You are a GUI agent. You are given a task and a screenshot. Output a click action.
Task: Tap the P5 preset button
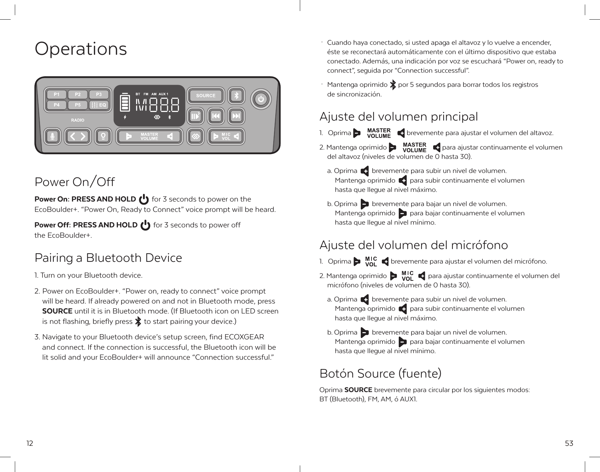point(78,105)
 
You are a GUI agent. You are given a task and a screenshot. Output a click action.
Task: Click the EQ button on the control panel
point(99,105)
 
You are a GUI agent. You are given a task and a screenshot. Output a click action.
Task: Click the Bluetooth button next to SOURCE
point(236,96)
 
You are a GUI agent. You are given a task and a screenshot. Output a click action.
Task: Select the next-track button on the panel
point(236,116)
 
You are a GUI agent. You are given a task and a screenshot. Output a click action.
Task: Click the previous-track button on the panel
point(216,116)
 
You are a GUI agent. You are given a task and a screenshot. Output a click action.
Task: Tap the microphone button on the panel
point(52,136)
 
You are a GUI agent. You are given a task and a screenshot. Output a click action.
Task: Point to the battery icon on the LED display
point(125,102)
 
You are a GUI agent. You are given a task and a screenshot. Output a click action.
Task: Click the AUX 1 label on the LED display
point(163,94)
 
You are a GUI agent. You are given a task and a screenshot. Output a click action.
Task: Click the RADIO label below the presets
point(78,120)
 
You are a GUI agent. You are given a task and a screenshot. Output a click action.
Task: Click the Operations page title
point(81,49)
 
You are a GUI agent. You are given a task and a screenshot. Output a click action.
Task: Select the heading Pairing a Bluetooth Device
point(108,258)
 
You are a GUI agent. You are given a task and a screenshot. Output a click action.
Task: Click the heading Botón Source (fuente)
point(380,373)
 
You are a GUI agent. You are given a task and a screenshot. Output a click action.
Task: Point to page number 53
point(569,443)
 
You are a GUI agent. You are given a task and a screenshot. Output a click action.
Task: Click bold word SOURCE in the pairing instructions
point(57,311)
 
